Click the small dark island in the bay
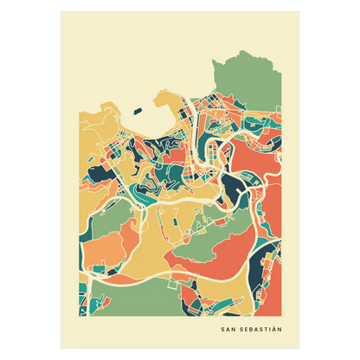tap(137, 110)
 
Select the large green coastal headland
tap(256, 82)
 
